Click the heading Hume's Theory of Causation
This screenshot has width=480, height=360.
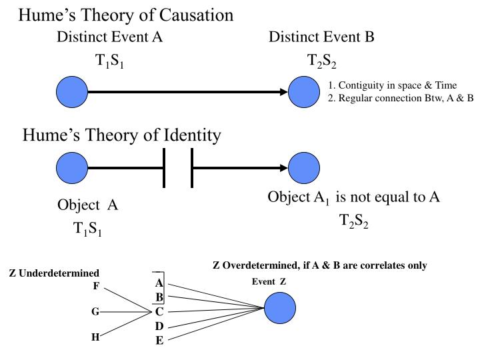point(125,15)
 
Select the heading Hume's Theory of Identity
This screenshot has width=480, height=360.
point(121,135)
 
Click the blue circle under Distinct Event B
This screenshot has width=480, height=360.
point(304,92)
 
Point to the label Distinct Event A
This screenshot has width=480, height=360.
point(109,37)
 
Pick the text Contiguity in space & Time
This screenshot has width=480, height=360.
point(393,85)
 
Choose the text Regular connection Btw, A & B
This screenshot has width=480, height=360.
point(401,97)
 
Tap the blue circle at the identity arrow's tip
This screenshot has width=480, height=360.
point(304,168)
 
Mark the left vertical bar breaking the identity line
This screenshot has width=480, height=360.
point(164,168)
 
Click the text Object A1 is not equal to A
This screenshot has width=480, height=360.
point(353,197)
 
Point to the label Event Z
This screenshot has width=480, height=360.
point(269,281)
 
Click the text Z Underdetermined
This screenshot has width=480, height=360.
point(53,273)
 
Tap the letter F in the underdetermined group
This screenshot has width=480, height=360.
point(96,287)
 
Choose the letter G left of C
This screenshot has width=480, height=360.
point(95,311)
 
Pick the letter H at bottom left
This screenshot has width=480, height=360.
point(95,337)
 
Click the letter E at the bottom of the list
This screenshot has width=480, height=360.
point(159,341)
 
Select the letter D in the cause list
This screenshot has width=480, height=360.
point(159,326)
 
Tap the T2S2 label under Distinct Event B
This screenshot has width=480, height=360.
point(321,62)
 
